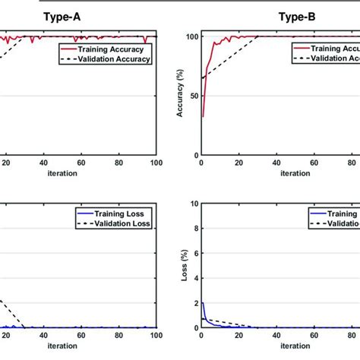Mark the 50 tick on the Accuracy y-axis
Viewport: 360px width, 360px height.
tap(192, 96)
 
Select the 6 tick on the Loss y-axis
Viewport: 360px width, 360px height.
tap(194, 254)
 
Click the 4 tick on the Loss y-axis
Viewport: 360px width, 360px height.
tap(194, 279)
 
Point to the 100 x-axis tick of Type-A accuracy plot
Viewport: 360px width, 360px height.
tap(156, 162)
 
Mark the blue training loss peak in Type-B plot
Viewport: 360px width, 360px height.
tap(202, 303)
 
